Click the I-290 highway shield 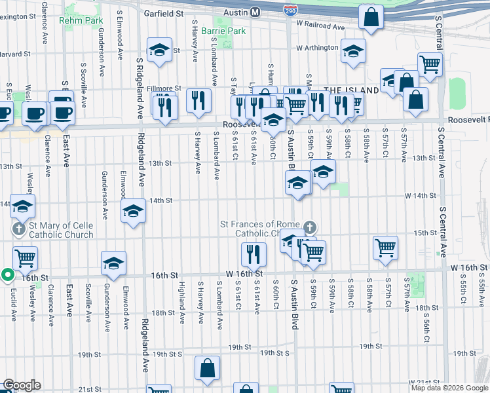click(x=290, y=10)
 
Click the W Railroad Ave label click(x=320, y=27)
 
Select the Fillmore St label click(x=164, y=88)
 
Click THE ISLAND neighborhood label click(x=351, y=90)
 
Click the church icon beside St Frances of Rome click(x=310, y=227)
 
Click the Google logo click(x=22, y=385)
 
